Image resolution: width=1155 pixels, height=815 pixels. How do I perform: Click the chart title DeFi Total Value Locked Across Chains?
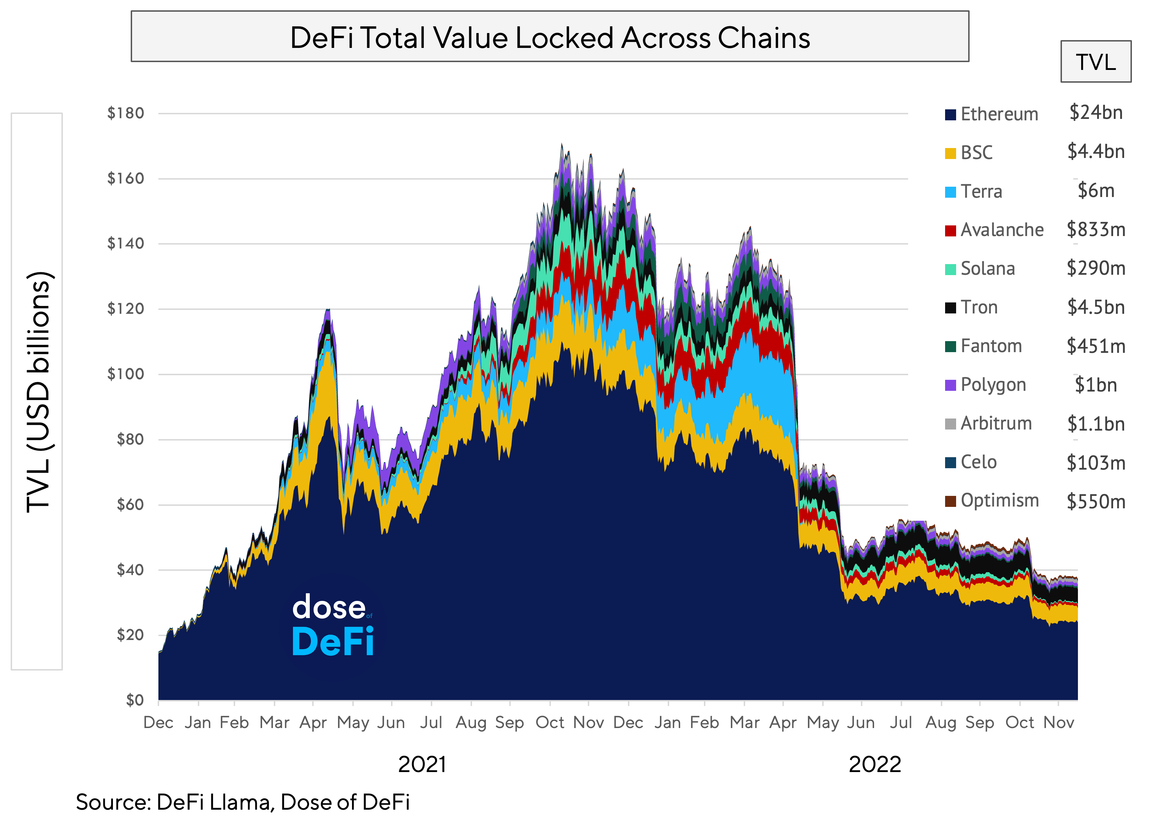(550, 38)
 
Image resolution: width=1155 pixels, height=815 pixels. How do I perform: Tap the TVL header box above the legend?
(1096, 62)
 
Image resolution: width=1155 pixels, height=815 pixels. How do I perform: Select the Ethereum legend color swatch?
(950, 115)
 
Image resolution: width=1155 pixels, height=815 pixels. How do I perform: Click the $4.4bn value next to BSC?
(1096, 151)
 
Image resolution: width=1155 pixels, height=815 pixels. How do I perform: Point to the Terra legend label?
(981, 192)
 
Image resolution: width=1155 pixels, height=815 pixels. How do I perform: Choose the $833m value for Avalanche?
(1096, 230)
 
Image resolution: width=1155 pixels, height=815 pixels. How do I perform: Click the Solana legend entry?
(987, 268)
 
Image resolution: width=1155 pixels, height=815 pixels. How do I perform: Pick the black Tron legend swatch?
(950, 308)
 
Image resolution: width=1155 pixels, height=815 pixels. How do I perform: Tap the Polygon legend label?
(993, 385)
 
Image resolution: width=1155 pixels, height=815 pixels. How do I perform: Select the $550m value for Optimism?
(1096, 501)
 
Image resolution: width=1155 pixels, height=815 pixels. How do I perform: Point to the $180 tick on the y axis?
(125, 113)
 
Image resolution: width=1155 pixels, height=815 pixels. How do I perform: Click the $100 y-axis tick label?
(125, 374)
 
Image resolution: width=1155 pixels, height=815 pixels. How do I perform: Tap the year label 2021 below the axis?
(422, 764)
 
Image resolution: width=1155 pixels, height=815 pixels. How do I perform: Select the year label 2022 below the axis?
(874, 764)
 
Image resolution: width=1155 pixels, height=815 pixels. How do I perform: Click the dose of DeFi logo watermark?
(332, 625)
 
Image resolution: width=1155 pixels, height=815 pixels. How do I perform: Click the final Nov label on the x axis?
(1058, 722)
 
